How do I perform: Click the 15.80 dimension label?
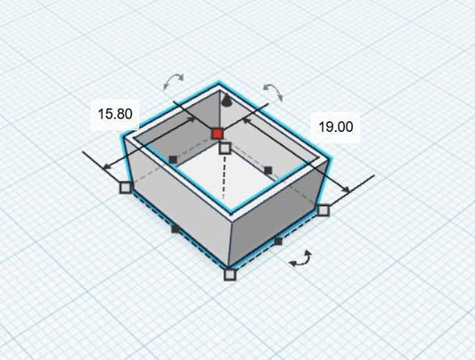click(115, 114)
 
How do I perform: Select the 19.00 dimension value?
click(336, 127)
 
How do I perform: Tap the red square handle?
click(217, 134)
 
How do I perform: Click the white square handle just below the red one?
click(225, 148)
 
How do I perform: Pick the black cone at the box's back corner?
click(226, 101)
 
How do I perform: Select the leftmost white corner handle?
click(126, 187)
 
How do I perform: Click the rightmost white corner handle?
click(323, 209)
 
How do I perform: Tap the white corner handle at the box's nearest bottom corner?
click(230, 274)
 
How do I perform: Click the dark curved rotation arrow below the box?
click(301, 259)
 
